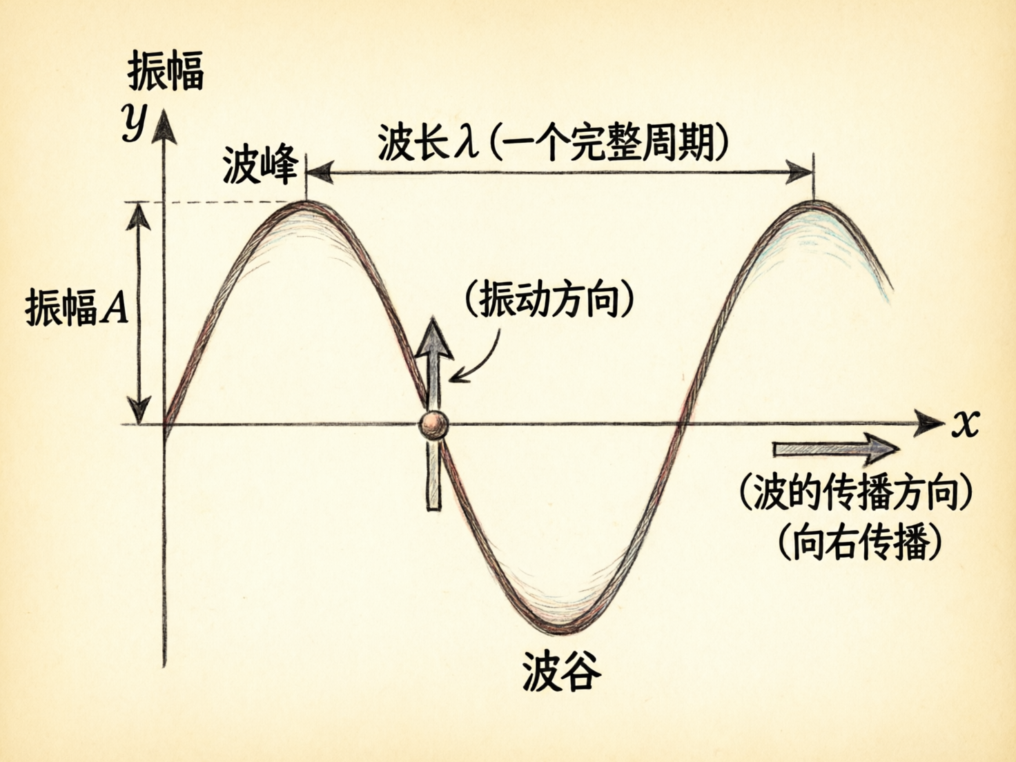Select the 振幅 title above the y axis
[x=166, y=71]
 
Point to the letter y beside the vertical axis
[x=134, y=121]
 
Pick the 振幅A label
[x=77, y=306]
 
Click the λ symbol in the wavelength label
[x=465, y=144]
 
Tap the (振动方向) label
[x=549, y=300]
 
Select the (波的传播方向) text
[x=857, y=493]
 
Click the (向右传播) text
[x=859, y=543]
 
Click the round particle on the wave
[x=433, y=425]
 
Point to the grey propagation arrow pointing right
[x=835, y=449]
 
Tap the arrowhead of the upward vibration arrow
[x=433, y=338]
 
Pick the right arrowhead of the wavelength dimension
[x=801, y=172]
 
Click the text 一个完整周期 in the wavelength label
[x=608, y=144]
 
